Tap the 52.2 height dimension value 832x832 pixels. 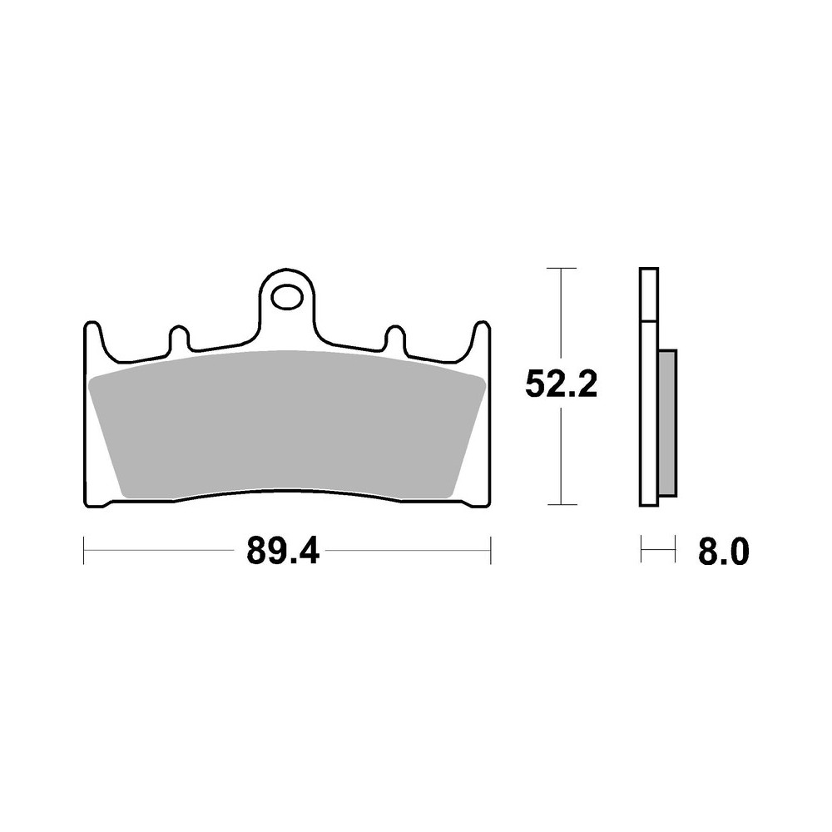click(561, 384)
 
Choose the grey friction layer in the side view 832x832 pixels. click(667, 419)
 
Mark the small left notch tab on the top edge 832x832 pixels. click(178, 339)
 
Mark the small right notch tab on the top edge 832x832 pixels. click(394, 339)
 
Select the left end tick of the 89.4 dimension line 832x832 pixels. click(84, 550)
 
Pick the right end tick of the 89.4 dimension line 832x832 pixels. click(491, 550)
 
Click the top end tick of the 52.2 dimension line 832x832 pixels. click(563, 269)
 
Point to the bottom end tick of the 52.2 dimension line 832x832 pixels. click(563, 504)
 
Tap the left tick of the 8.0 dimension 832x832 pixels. click(641, 550)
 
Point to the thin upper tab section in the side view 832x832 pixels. click(649, 295)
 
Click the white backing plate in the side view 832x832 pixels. click(649, 416)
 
